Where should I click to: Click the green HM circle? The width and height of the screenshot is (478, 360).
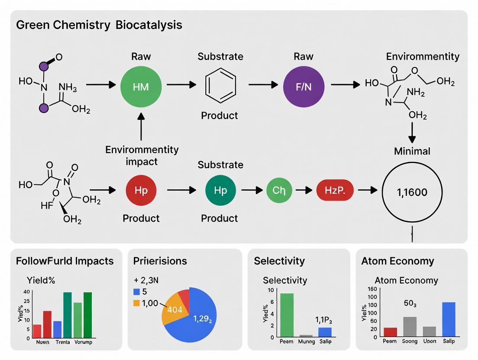tap(141, 87)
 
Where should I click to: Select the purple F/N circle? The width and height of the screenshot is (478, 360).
tap(303, 87)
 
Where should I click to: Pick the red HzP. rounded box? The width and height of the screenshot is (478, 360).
tap(334, 190)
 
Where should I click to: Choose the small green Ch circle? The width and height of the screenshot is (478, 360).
tap(279, 190)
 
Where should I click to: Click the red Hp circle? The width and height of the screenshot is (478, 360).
tap(141, 190)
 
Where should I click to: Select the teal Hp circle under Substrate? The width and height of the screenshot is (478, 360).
tap(220, 190)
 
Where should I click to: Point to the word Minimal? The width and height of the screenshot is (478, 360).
tap(412, 151)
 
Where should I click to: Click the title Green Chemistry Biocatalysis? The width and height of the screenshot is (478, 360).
tap(99, 25)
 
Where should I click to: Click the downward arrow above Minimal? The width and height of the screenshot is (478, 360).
tap(412, 132)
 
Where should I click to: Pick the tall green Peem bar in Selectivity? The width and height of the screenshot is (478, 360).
tap(287, 315)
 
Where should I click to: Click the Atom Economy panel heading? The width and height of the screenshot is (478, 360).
tap(397, 261)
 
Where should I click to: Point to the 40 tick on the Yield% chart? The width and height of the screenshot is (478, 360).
tap(27, 292)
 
